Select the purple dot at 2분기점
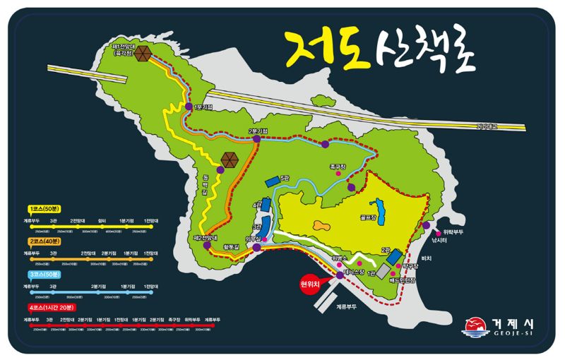(x=256, y=139)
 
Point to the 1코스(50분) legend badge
(x=44, y=210)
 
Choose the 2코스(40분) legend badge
(x=44, y=241)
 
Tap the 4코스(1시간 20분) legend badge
(x=52, y=308)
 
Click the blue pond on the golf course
(x=381, y=212)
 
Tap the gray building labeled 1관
(x=383, y=270)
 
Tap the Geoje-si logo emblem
(x=475, y=327)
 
